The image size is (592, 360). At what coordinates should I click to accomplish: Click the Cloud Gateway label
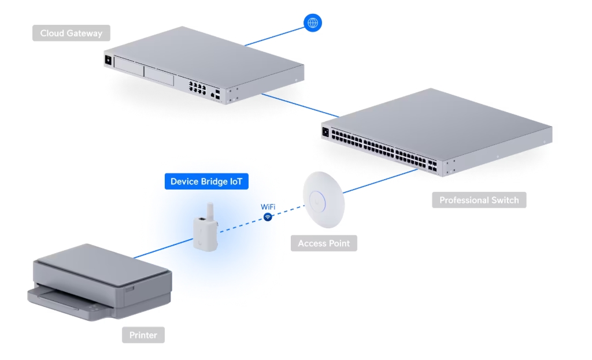71,33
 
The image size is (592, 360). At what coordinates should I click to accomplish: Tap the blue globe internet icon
313,23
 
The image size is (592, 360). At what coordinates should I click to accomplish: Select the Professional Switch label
479,200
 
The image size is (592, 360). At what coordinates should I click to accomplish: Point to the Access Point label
324,243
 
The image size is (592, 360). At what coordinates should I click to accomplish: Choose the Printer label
143,335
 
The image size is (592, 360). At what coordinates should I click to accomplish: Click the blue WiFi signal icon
268,217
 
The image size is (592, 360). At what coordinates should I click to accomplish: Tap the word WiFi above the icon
268,206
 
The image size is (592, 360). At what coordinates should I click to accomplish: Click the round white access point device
323,199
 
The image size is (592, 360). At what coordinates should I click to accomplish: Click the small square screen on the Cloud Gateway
108,59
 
